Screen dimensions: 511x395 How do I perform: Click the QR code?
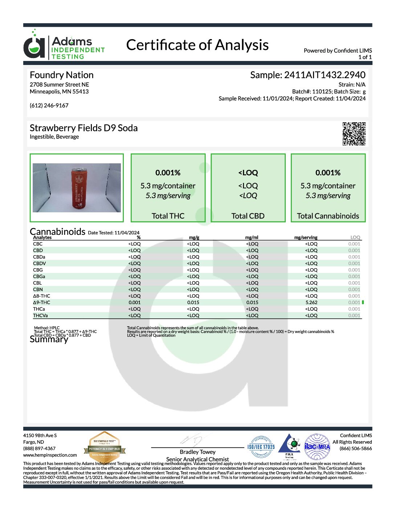[x=354, y=134]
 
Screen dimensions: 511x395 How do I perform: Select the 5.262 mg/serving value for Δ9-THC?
[x=311, y=302]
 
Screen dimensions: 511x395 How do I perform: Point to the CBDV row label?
[x=40, y=263]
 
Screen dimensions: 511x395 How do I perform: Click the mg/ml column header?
[x=252, y=237]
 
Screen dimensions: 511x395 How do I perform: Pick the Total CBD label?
[x=248, y=216]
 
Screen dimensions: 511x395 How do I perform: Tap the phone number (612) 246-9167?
[x=49, y=106]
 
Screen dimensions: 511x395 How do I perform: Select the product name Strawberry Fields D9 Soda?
[x=84, y=128]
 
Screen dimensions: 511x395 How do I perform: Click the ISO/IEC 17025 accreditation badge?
[x=261, y=447]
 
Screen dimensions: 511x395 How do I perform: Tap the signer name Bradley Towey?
[x=197, y=452]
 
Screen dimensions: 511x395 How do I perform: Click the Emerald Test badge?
[x=105, y=447]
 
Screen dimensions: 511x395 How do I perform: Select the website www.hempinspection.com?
[x=50, y=455]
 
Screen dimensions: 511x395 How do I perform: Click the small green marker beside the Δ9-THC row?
[x=363, y=302]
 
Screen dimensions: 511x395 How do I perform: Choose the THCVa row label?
[x=40, y=315]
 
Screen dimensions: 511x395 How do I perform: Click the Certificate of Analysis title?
[x=197, y=45]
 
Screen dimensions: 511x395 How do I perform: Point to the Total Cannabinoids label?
[x=328, y=216]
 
